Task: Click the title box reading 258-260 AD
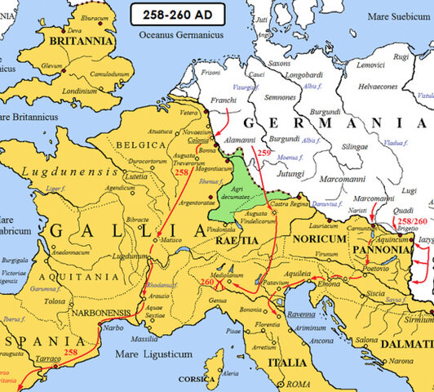point(175,16)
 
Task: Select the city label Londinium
point(81,91)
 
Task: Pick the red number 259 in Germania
point(263,154)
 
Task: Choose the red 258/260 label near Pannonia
point(409,221)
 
